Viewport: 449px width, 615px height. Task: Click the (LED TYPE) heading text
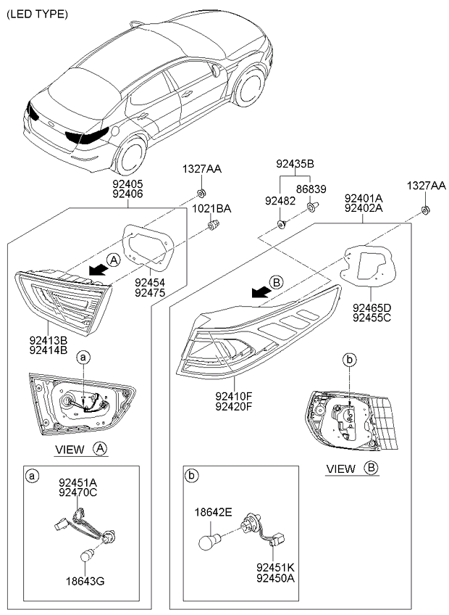[37, 14]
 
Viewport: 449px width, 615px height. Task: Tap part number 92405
[127, 185]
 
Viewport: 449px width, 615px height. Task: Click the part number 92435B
[295, 164]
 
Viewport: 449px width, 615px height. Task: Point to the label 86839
[312, 189]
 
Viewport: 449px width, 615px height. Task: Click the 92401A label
[364, 198]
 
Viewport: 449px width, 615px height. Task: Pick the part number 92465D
[372, 307]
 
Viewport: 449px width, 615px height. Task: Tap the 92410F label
[233, 396]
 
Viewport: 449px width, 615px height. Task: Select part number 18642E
[212, 512]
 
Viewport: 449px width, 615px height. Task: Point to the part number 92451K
[274, 568]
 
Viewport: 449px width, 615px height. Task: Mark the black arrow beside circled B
[259, 291]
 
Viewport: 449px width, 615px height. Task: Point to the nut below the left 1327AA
[200, 194]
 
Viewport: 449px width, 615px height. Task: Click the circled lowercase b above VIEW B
[349, 360]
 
